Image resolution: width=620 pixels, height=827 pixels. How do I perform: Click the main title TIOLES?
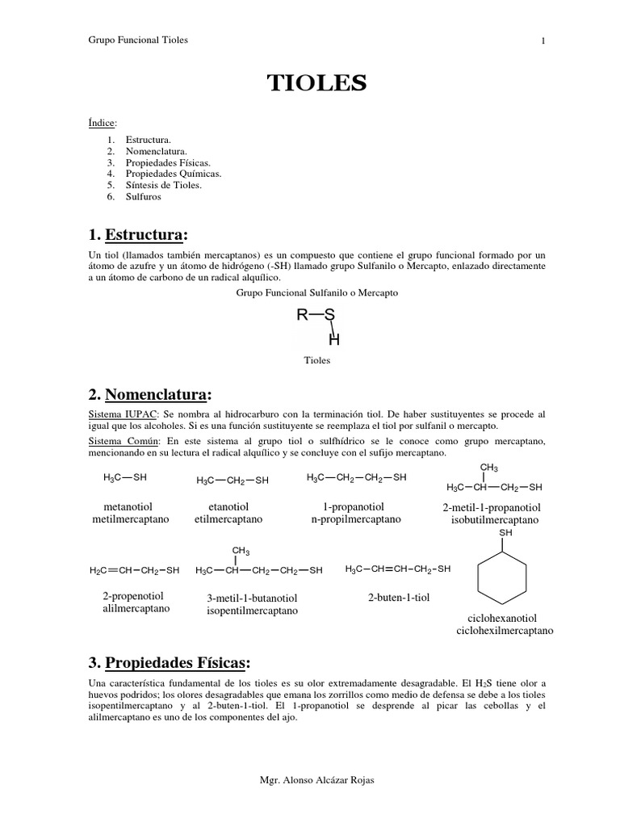point(317,82)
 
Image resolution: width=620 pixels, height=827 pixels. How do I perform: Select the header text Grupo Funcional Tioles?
point(137,40)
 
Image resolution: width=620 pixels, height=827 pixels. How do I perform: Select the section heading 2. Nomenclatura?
point(150,394)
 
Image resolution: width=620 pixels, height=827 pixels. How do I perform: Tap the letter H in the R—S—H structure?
point(333,340)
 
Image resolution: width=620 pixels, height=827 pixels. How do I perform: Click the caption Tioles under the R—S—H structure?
point(317,361)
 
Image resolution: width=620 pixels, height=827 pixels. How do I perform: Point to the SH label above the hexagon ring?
point(506,534)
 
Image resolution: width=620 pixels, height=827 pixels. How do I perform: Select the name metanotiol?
point(132,506)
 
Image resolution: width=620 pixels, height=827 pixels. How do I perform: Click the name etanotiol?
point(228,506)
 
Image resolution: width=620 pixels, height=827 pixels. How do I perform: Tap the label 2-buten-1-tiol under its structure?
point(397,598)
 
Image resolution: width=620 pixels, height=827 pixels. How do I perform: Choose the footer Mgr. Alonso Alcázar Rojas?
point(316,780)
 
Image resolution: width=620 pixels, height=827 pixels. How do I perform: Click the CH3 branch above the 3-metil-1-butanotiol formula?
point(241,551)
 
